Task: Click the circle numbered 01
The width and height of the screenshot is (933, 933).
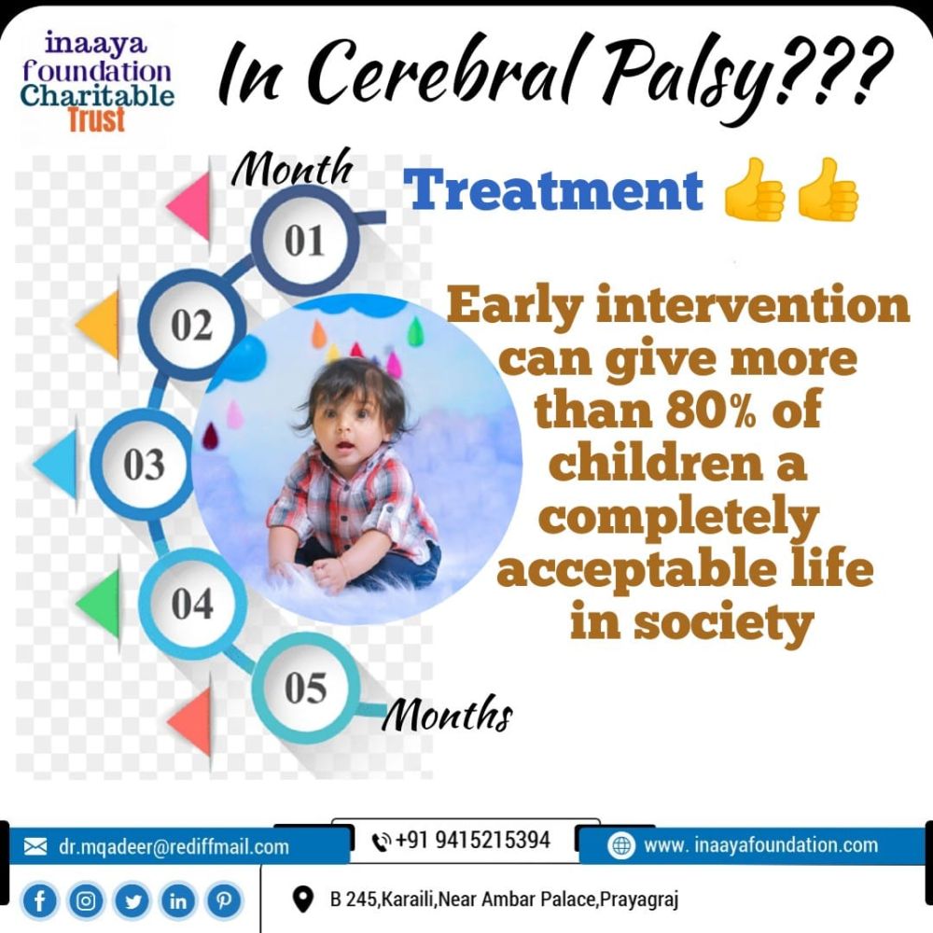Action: click(x=305, y=239)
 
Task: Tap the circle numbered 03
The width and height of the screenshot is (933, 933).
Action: click(x=144, y=464)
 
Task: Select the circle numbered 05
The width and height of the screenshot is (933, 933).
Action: click(x=305, y=688)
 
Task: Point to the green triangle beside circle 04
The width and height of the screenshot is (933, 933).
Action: click(x=100, y=603)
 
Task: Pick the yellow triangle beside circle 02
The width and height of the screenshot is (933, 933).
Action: click(x=100, y=325)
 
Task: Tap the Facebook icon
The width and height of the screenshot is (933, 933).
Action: click(x=39, y=901)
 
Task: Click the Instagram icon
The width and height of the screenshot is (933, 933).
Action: click(x=86, y=901)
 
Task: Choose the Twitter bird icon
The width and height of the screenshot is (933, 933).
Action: click(x=132, y=901)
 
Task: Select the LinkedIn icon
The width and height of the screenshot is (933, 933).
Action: click(x=178, y=901)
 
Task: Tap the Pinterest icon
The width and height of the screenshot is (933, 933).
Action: click(x=224, y=901)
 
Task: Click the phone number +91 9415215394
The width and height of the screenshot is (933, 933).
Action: click(x=472, y=840)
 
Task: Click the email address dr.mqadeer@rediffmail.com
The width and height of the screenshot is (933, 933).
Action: click(x=174, y=846)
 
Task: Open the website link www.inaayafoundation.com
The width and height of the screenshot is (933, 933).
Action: click(x=760, y=845)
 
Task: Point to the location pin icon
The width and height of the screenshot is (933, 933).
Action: click(x=303, y=899)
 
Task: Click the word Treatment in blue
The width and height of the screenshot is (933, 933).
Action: click(x=553, y=189)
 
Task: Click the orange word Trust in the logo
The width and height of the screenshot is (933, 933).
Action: click(x=96, y=119)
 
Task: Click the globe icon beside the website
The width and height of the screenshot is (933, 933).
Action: click(x=621, y=845)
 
